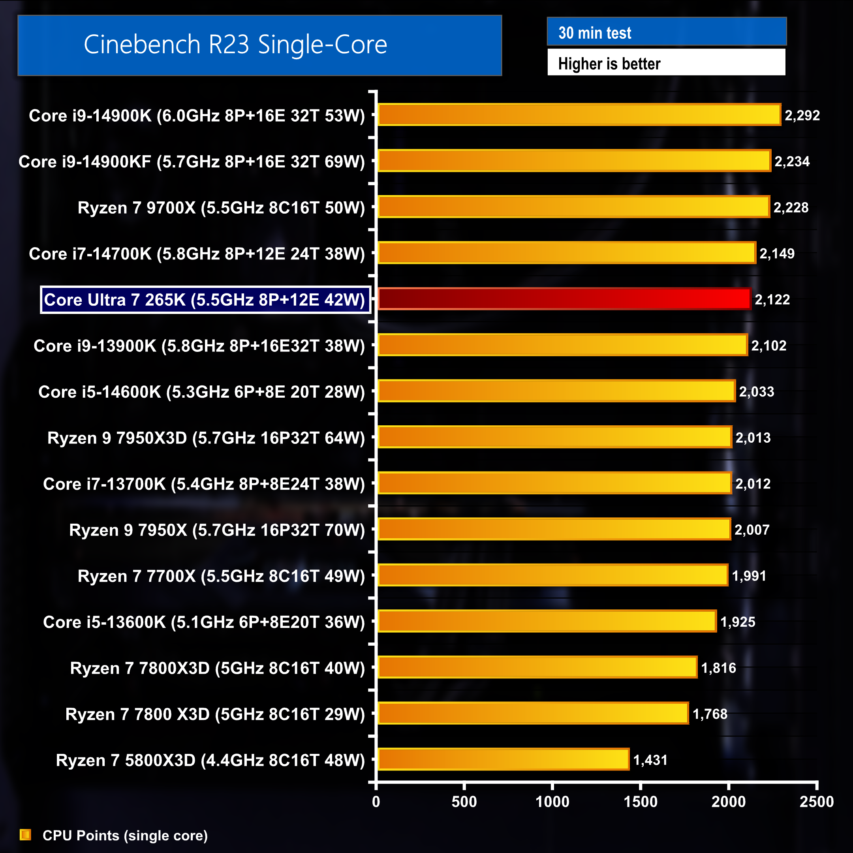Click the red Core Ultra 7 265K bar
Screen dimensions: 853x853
pos(564,299)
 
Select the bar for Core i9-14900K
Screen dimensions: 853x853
pos(579,115)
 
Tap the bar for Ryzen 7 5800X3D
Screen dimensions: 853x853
pos(504,759)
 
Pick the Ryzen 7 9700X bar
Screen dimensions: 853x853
pos(574,207)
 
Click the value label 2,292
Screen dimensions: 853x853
pos(802,115)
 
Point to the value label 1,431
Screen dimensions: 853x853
pos(650,760)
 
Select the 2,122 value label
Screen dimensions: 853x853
pos(772,299)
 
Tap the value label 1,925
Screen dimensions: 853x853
pos(737,622)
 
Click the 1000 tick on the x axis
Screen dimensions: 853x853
pos(552,801)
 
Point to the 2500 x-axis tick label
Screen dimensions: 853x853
pos(816,801)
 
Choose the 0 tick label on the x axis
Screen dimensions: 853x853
pos(376,801)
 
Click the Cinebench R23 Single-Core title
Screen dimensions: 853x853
pos(235,45)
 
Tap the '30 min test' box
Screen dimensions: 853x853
pos(666,32)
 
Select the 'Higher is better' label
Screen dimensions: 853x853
pos(609,64)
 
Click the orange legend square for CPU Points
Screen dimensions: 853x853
pos(26,834)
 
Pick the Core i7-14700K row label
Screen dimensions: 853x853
pos(197,254)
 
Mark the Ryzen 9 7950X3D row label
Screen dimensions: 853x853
pos(206,438)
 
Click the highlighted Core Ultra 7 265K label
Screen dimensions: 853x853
pos(205,300)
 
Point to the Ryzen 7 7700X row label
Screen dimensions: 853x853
pos(221,576)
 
